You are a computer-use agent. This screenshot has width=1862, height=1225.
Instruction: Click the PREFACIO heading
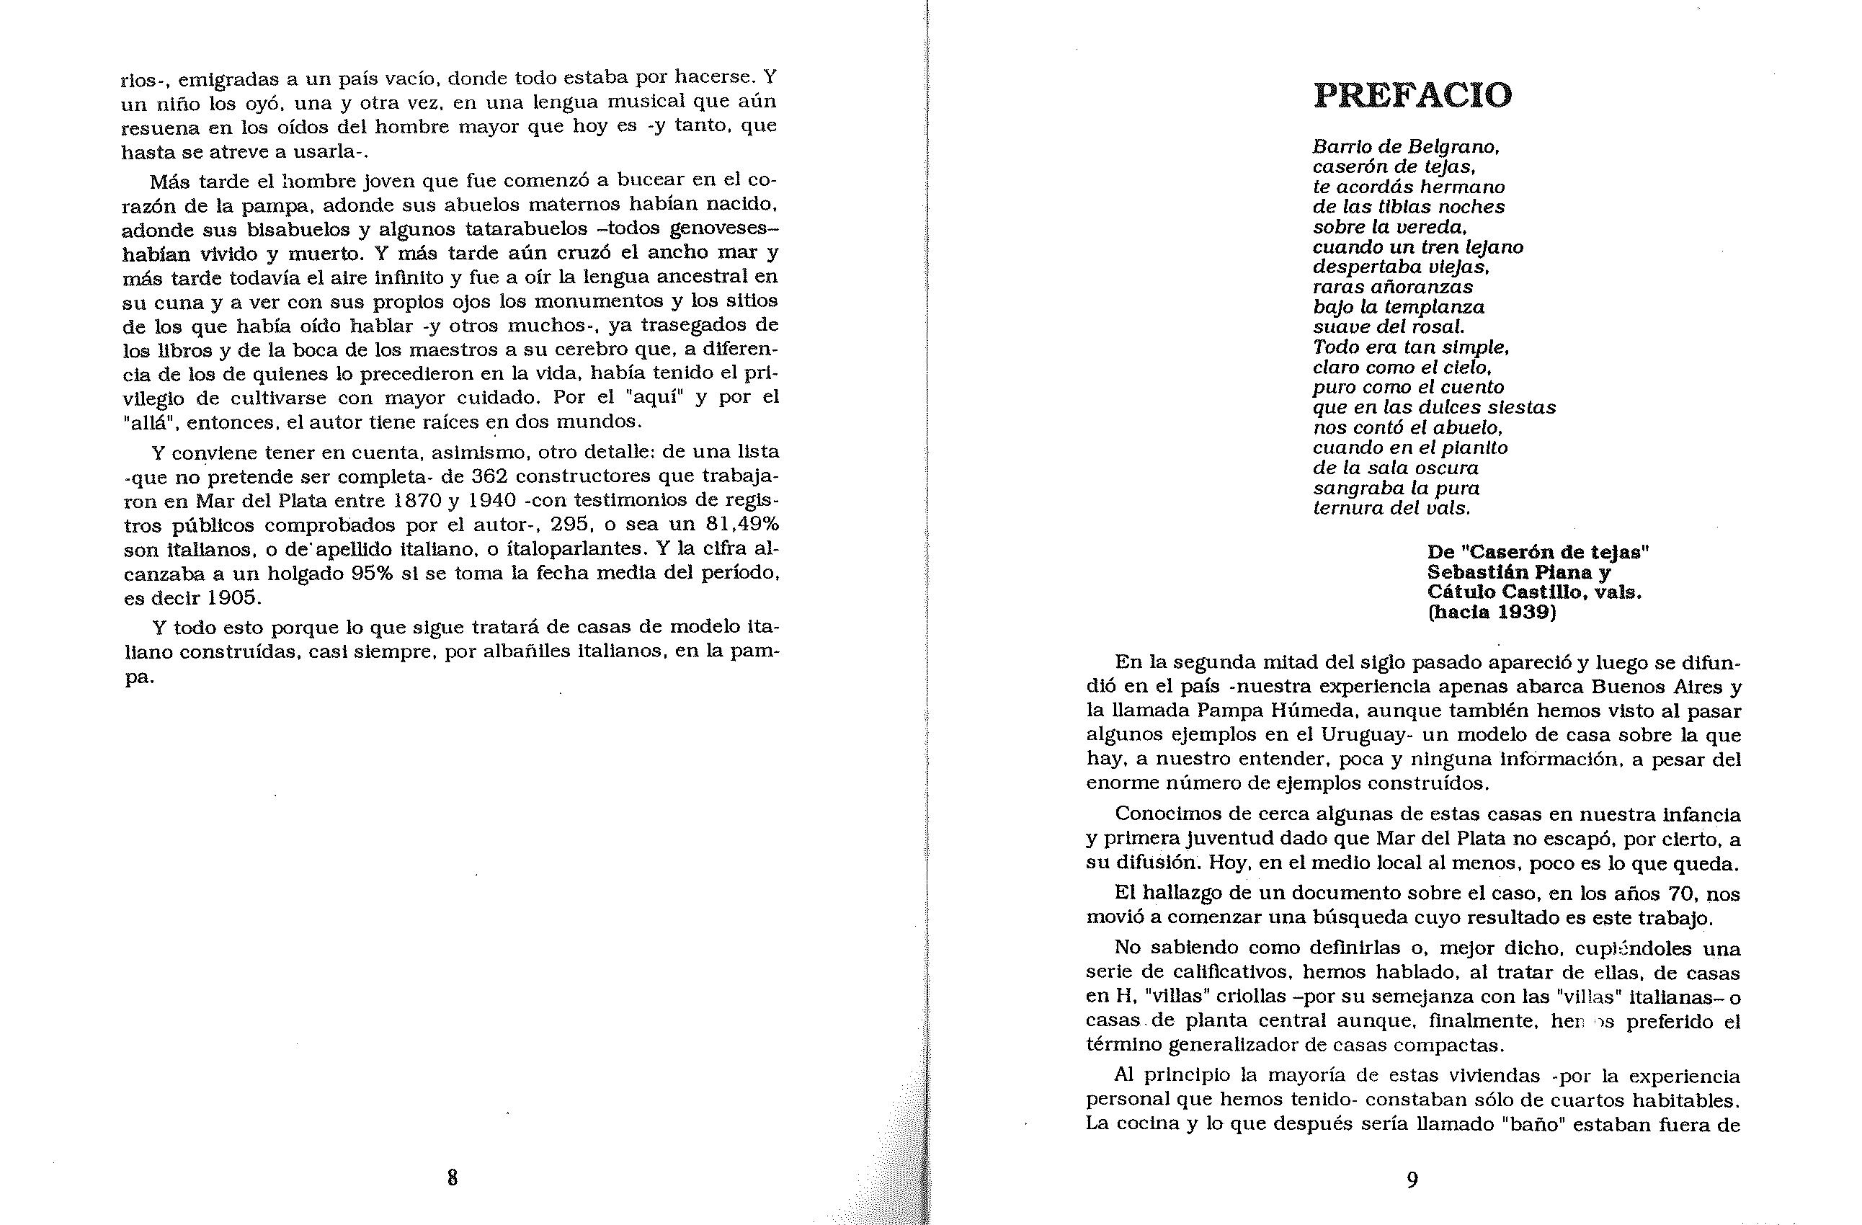[x=1412, y=95]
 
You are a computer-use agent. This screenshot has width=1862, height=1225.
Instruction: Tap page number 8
[x=453, y=1177]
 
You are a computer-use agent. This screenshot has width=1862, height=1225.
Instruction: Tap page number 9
[x=1412, y=1179]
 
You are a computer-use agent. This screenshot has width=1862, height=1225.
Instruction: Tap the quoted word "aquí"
[x=651, y=396]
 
